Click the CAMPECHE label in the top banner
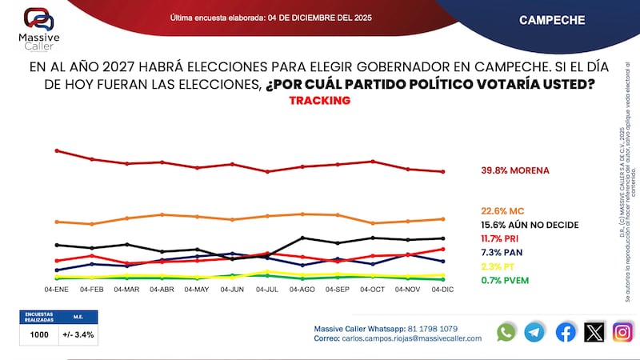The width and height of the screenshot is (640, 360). pos(552,19)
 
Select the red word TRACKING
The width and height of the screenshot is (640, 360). pos(319,101)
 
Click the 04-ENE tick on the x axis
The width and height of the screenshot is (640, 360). pos(56,289)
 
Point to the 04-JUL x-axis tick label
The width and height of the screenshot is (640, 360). pos(267,289)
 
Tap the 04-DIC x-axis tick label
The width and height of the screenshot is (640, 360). pos(443,289)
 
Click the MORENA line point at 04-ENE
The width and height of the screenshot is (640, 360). pos(56,150)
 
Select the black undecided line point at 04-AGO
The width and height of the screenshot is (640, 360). pos(302,238)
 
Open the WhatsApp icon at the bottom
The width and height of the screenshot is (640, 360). pos(506,332)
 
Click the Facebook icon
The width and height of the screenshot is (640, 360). pos(565,332)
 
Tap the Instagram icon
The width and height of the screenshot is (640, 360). pos(622,332)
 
